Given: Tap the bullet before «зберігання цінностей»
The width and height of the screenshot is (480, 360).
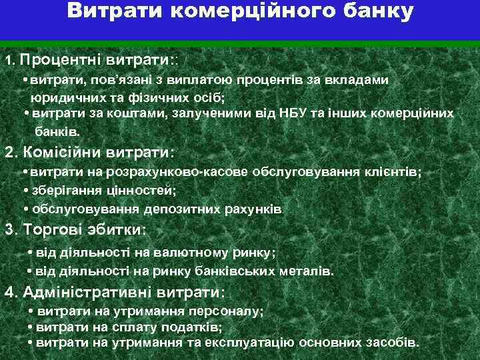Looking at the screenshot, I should (x=25, y=190).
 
